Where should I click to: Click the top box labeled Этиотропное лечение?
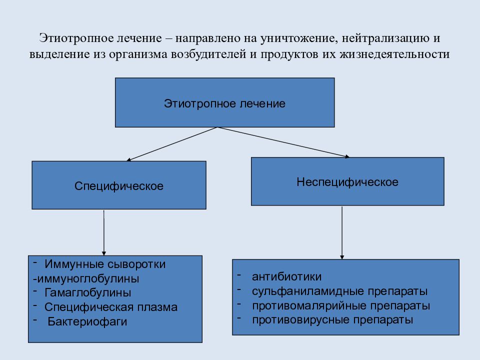[224, 102]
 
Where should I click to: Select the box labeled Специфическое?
[119, 185]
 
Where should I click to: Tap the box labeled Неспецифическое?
[347, 181]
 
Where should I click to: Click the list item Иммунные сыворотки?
[105, 264]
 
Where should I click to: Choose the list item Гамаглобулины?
[88, 293]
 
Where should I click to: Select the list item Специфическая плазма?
[111, 307]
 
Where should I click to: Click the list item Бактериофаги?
[87, 321]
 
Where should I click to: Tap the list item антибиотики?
[287, 276]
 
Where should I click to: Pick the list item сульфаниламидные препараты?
[340, 291]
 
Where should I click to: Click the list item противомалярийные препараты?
[341, 306]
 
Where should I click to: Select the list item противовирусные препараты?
[332, 320]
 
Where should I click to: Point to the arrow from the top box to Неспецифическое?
[283, 142]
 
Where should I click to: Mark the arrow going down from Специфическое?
[104, 232]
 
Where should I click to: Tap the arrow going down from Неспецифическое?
[342, 233]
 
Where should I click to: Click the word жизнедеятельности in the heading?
[394, 54]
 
